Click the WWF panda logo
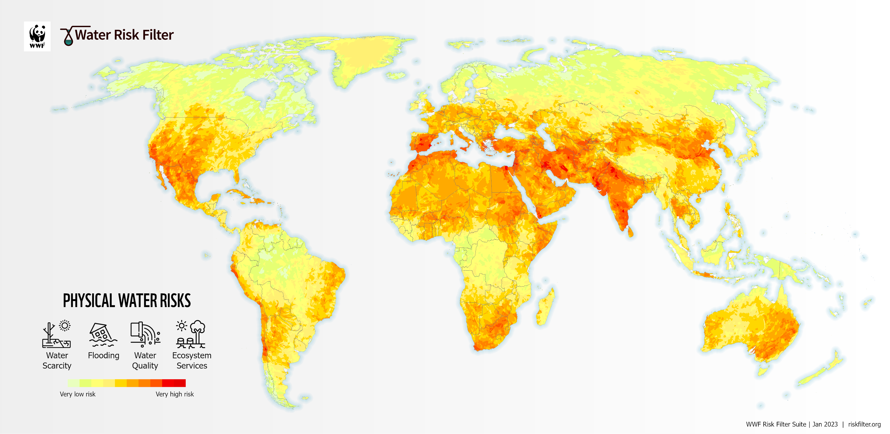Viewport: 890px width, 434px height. tap(37, 36)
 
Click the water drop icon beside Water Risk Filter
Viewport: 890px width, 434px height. tap(69, 36)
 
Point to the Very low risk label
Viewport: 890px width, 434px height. tap(77, 394)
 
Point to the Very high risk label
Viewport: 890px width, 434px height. tap(175, 394)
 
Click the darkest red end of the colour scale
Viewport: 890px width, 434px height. tap(180, 383)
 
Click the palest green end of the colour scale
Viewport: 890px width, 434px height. tap(73, 383)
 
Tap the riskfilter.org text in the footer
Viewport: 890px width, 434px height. tap(864, 424)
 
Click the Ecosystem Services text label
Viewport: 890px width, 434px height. tap(192, 361)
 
